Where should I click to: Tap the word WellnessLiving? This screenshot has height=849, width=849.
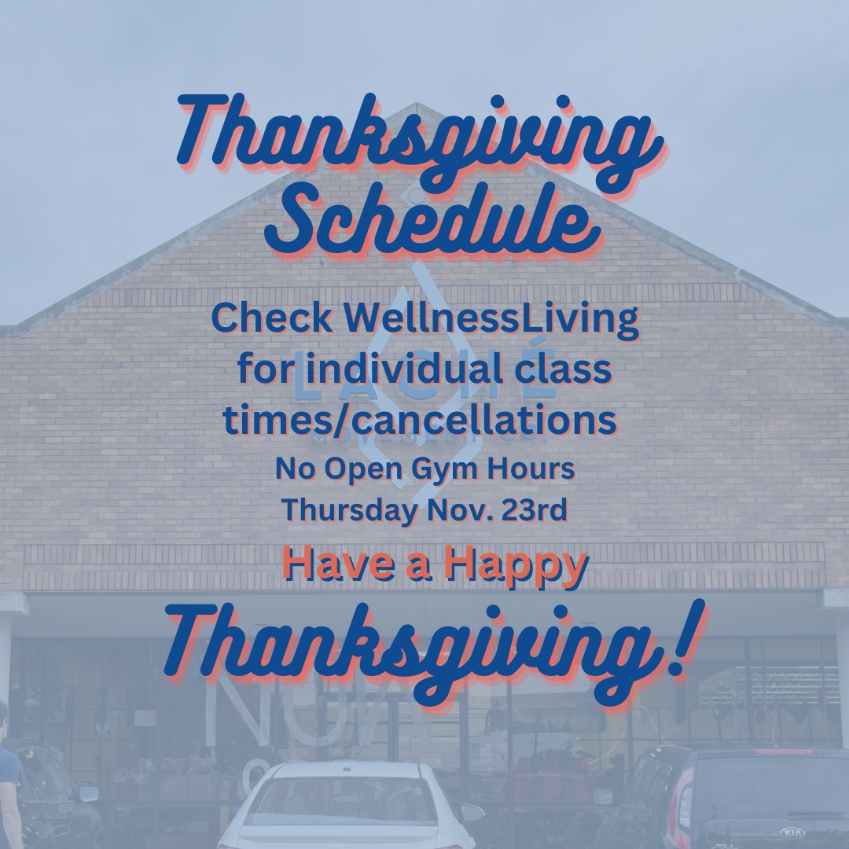(x=491, y=319)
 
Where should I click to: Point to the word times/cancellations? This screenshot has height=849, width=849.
(x=420, y=420)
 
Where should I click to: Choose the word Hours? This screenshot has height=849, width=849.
(x=531, y=469)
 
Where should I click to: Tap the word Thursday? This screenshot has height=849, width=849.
(x=350, y=511)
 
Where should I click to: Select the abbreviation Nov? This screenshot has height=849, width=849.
(x=460, y=510)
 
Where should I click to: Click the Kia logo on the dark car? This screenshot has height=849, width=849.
(x=792, y=832)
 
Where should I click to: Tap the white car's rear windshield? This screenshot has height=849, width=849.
(x=347, y=801)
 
